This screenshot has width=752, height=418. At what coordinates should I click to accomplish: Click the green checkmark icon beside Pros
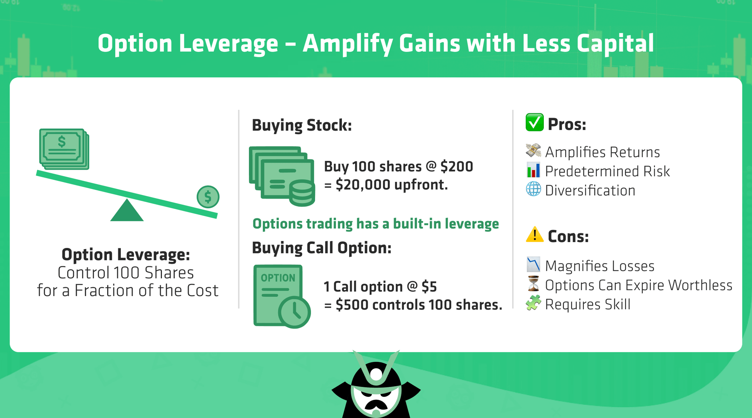(534, 123)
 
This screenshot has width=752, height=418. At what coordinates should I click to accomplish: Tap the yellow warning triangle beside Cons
(534, 235)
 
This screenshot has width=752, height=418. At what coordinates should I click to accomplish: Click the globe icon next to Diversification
(533, 190)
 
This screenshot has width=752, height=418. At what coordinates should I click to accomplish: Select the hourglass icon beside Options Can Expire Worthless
(533, 284)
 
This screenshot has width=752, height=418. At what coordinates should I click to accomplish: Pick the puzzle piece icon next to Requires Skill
(533, 303)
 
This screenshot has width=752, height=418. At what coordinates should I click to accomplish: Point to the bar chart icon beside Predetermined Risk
(533, 170)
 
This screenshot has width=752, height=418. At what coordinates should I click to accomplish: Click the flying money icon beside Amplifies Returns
(533, 151)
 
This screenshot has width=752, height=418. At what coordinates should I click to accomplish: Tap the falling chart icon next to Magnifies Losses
(533, 264)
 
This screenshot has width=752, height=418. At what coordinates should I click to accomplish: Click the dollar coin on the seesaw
(208, 197)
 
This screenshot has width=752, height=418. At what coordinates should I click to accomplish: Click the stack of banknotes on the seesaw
(64, 149)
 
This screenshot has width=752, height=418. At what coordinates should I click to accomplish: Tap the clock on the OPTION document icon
(294, 312)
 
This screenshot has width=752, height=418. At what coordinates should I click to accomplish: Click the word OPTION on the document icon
(278, 278)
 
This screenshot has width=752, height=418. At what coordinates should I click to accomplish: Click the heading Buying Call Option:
(321, 248)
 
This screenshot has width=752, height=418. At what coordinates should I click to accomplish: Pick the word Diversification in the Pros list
(590, 191)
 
